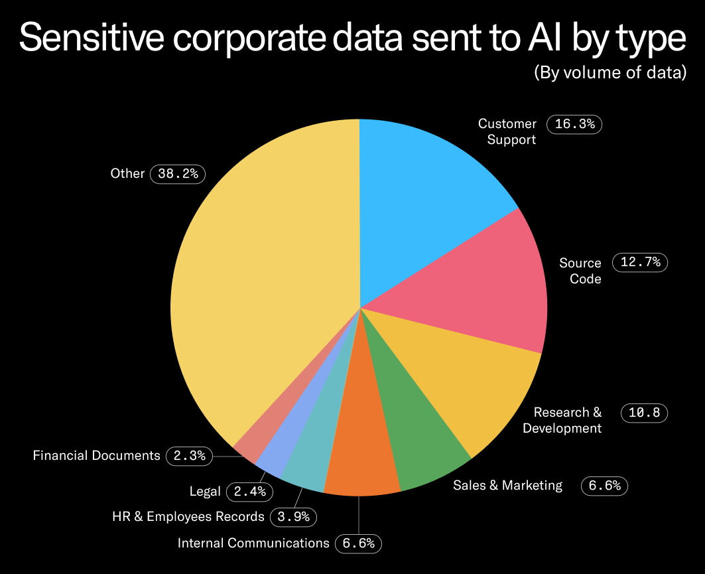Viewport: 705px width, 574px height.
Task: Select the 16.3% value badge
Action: [574, 124]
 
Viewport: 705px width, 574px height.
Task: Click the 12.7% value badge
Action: [640, 262]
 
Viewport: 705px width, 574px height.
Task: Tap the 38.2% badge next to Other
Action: [178, 174]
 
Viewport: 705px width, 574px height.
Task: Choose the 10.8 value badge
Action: [644, 413]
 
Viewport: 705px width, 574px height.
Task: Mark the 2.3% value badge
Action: [190, 456]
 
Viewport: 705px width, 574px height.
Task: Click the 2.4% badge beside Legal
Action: [249, 492]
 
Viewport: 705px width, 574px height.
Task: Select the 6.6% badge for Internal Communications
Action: [359, 543]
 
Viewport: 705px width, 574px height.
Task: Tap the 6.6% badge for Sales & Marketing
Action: [604, 486]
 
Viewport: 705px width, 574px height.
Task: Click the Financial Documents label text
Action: [96, 456]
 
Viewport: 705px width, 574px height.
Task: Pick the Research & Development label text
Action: [562, 420]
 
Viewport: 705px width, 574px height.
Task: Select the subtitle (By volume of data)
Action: [610, 73]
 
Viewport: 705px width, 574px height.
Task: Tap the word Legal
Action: [205, 492]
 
